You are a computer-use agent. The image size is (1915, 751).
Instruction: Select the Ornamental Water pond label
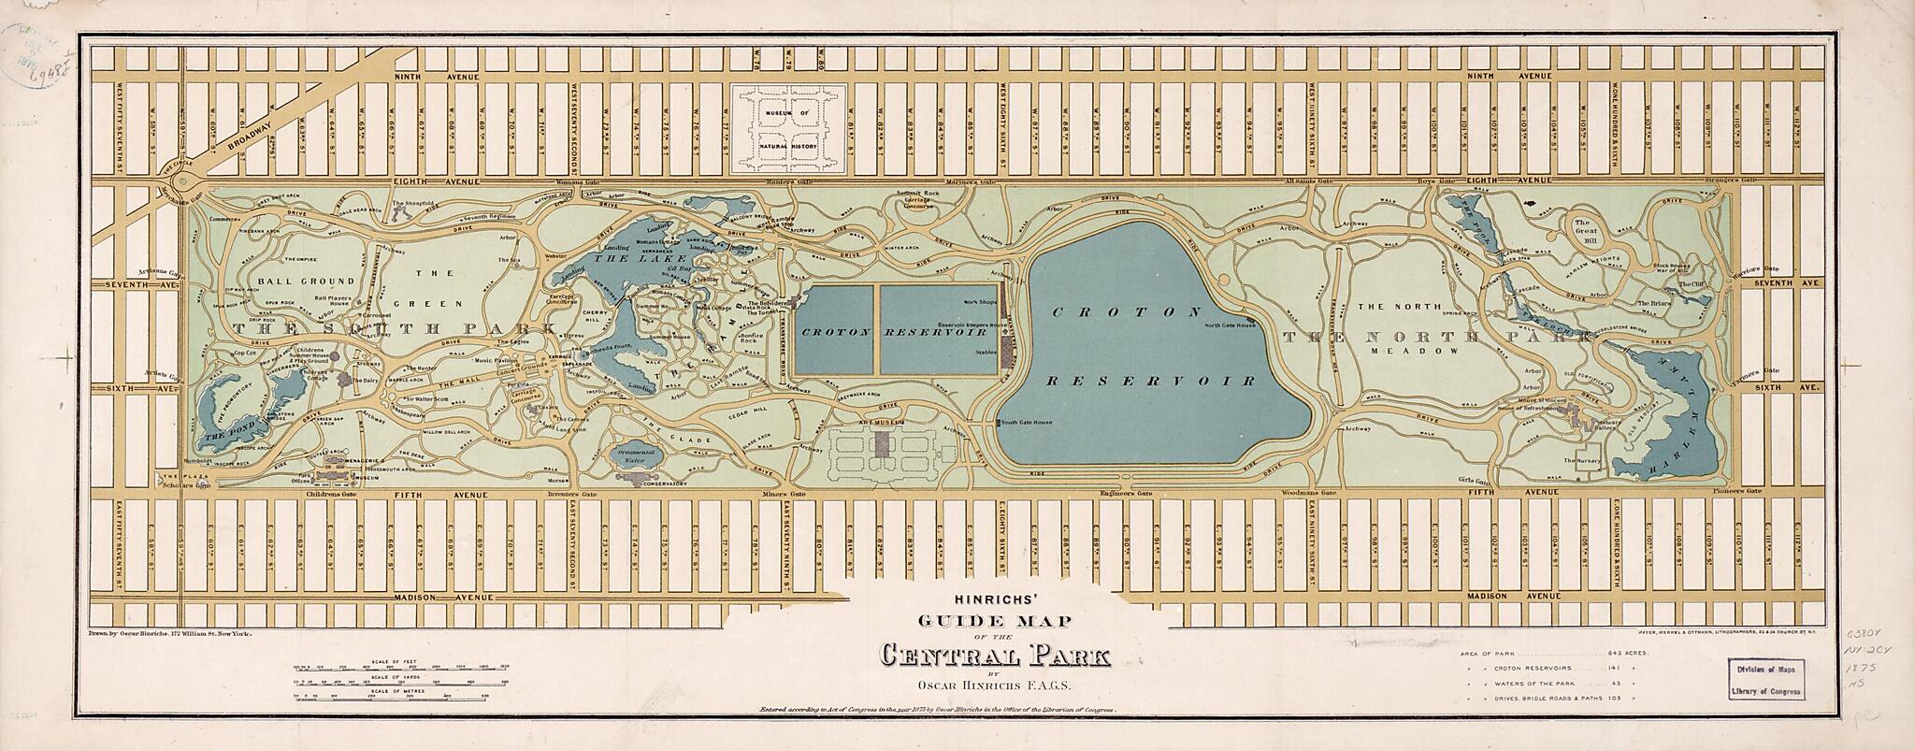(x=638, y=455)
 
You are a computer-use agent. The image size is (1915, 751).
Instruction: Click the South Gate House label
(x=1027, y=423)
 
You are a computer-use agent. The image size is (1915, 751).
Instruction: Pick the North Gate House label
(x=1228, y=325)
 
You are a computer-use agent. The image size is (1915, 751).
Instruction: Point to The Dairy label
(x=371, y=381)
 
